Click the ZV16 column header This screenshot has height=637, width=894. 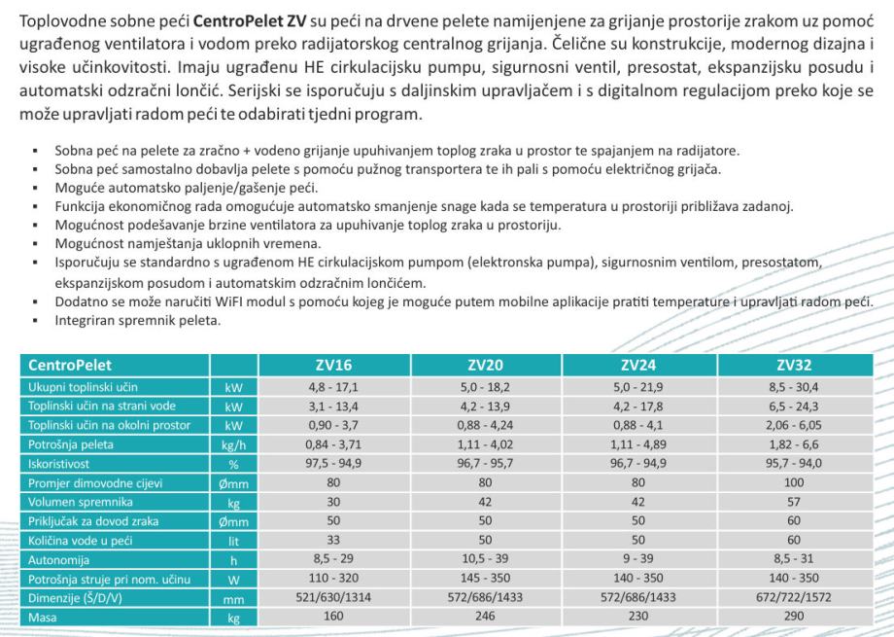(335, 366)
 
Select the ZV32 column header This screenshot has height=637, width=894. (795, 366)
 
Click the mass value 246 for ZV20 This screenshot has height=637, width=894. (488, 616)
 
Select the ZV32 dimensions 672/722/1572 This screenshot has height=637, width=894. (795, 598)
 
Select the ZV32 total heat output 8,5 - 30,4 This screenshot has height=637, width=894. (795, 386)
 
